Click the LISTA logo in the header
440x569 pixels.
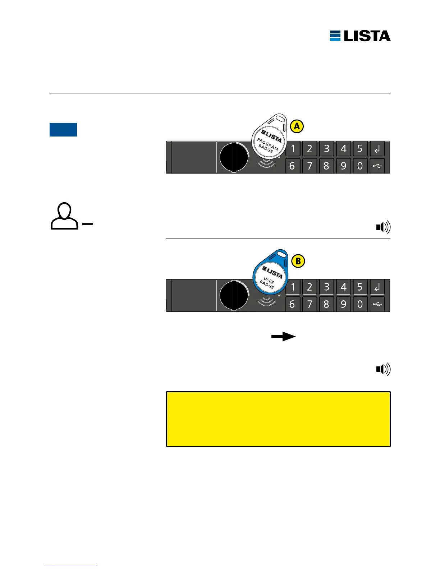tap(360, 36)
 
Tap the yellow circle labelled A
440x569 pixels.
tap(297, 126)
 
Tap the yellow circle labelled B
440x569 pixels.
tap(298, 261)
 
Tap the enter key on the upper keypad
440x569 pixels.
tap(377, 149)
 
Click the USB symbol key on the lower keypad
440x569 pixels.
tap(377, 304)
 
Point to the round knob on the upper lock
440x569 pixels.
tap(234, 157)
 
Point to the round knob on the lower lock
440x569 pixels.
tap(234, 296)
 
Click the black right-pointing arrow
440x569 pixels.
tap(283, 337)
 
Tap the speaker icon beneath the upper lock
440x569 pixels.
tap(383, 227)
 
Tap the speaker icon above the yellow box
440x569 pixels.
tap(383, 369)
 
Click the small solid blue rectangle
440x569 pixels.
tap(63, 130)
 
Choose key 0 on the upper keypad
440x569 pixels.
tap(360, 166)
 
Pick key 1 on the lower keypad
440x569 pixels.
tap(293, 287)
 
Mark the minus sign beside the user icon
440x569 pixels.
tap(88, 224)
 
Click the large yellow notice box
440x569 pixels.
tap(278, 419)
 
